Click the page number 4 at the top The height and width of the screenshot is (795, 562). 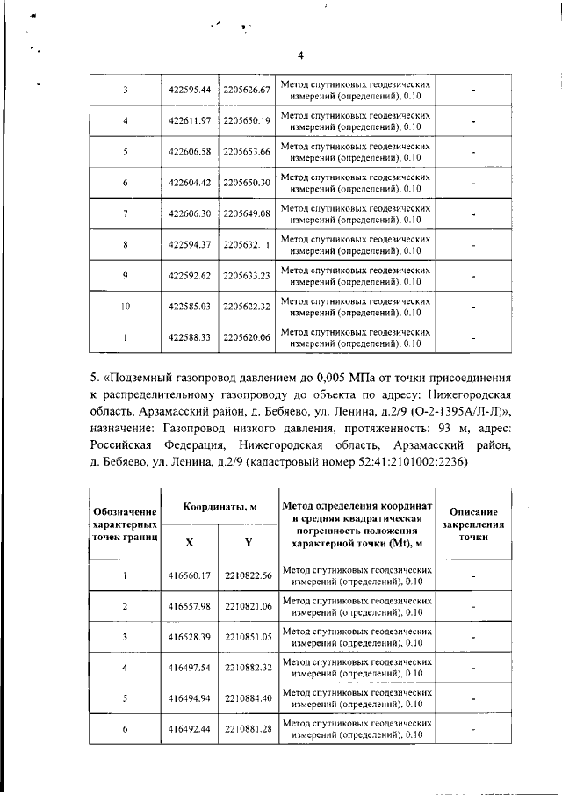click(x=300, y=55)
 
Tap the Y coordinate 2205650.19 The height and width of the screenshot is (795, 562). click(x=246, y=120)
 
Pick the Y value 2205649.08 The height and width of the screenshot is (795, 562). click(x=246, y=213)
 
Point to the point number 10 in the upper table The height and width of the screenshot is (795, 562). click(x=126, y=306)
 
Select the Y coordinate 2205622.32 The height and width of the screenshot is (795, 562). click(x=246, y=306)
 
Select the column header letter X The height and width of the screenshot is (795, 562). click(x=190, y=542)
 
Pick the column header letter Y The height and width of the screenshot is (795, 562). click(x=247, y=542)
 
